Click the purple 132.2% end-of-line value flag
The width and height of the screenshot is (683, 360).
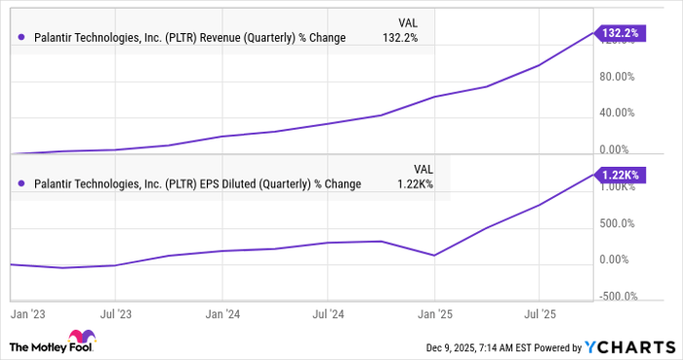(x=620, y=32)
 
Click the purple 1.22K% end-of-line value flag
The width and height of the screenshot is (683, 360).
(x=622, y=174)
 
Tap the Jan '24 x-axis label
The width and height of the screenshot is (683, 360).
(x=223, y=314)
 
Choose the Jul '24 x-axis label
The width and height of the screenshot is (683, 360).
(x=329, y=314)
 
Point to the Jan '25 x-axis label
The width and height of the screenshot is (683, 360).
(x=433, y=314)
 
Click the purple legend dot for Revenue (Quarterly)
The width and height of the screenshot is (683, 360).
(x=21, y=38)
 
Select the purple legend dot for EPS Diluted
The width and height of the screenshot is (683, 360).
(x=21, y=183)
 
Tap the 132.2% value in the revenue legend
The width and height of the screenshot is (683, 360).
(x=410, y=38)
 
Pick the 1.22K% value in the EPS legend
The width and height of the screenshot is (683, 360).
(x=414, y=183)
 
